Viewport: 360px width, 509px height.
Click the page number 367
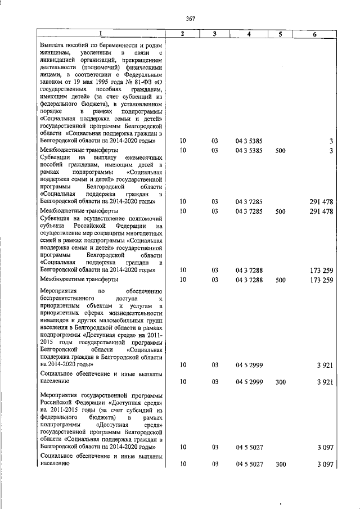click(x=190, y=19)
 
